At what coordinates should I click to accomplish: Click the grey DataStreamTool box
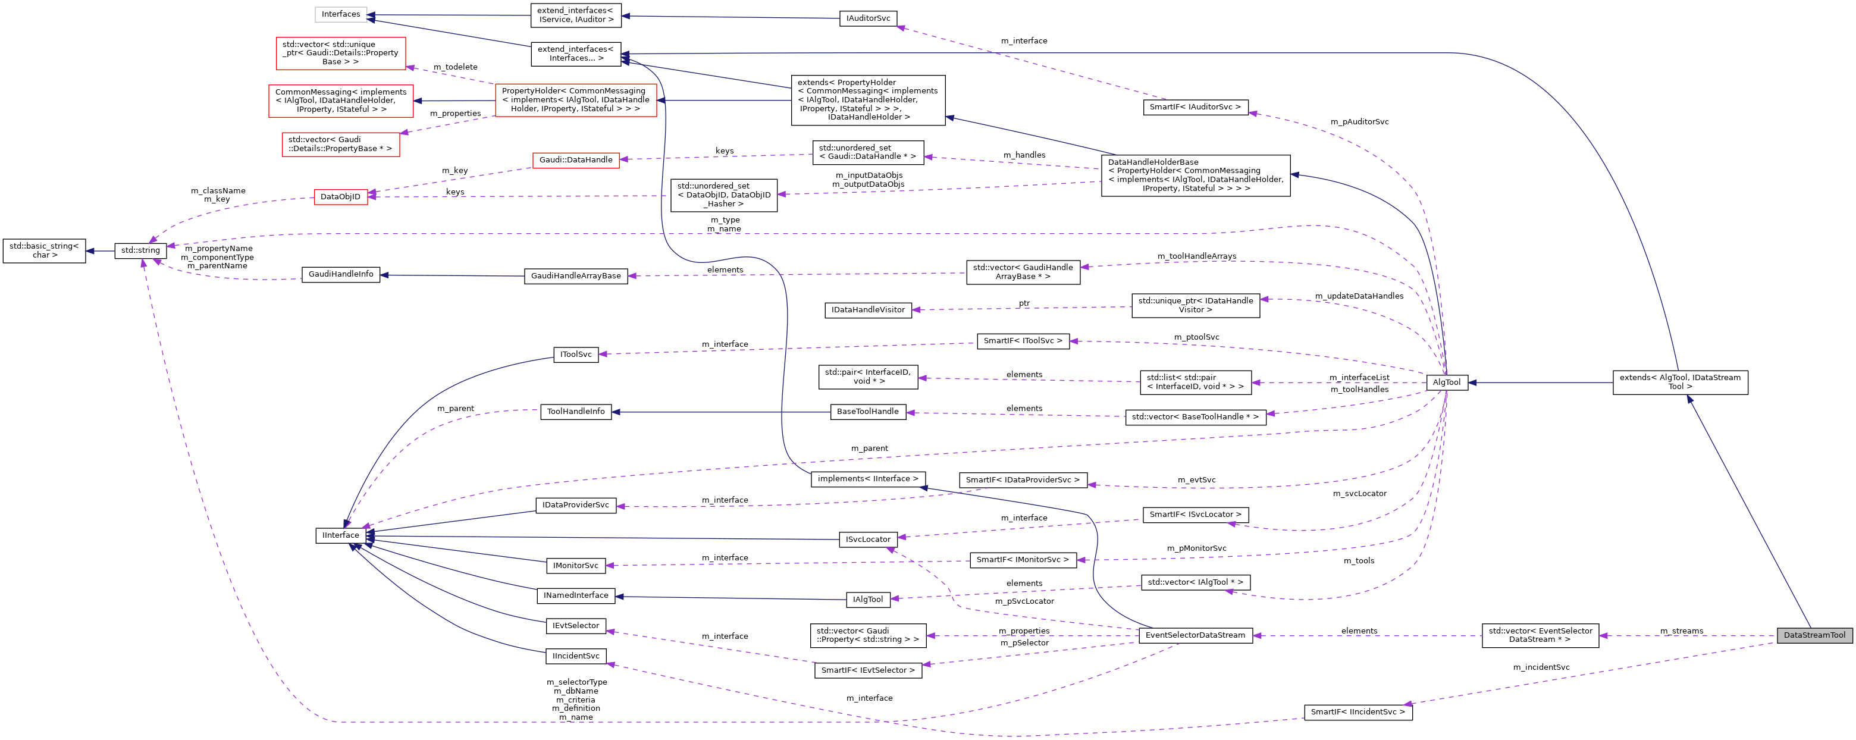(1814, 635)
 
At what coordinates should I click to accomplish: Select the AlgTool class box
(1446, 382)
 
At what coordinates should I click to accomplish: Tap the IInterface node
(340, 535)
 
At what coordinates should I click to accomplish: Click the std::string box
(140, 251)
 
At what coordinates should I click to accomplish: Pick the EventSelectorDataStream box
(1195, 635)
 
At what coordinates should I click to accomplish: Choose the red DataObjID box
(340, 197)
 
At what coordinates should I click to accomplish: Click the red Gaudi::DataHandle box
(576, 160)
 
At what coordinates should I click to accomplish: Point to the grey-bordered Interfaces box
(341, 14)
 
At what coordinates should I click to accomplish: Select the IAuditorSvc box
(867, 18)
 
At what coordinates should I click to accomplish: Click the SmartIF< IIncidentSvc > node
(1357, 712)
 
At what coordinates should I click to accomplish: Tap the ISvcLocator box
(867, 539)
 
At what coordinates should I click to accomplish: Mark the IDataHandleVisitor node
(867, 310)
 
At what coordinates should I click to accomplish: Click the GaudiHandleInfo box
(341, 275)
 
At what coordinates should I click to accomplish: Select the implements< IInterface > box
(867, 478)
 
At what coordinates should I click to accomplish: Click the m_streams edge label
(1681, 631)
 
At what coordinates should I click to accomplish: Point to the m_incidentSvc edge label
(1541, 667)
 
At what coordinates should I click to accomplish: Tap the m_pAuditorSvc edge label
(1359, 122)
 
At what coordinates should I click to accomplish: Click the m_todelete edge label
(454, 67)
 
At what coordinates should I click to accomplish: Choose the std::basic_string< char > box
(44, 251)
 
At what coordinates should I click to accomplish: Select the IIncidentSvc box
(576, 656)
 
